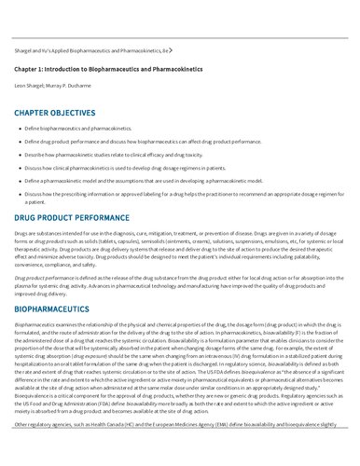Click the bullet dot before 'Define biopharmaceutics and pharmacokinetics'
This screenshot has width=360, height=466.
18,127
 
